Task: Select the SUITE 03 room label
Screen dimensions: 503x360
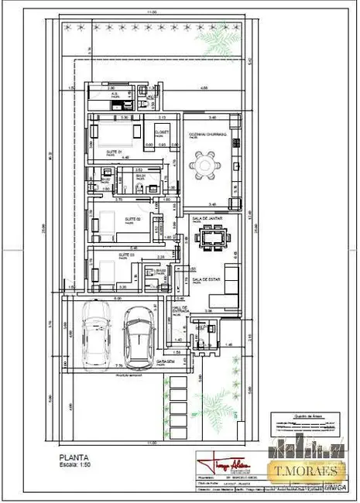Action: click(x=125, y=255)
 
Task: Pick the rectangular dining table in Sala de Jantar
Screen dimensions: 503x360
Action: click(x=211, y=239)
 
